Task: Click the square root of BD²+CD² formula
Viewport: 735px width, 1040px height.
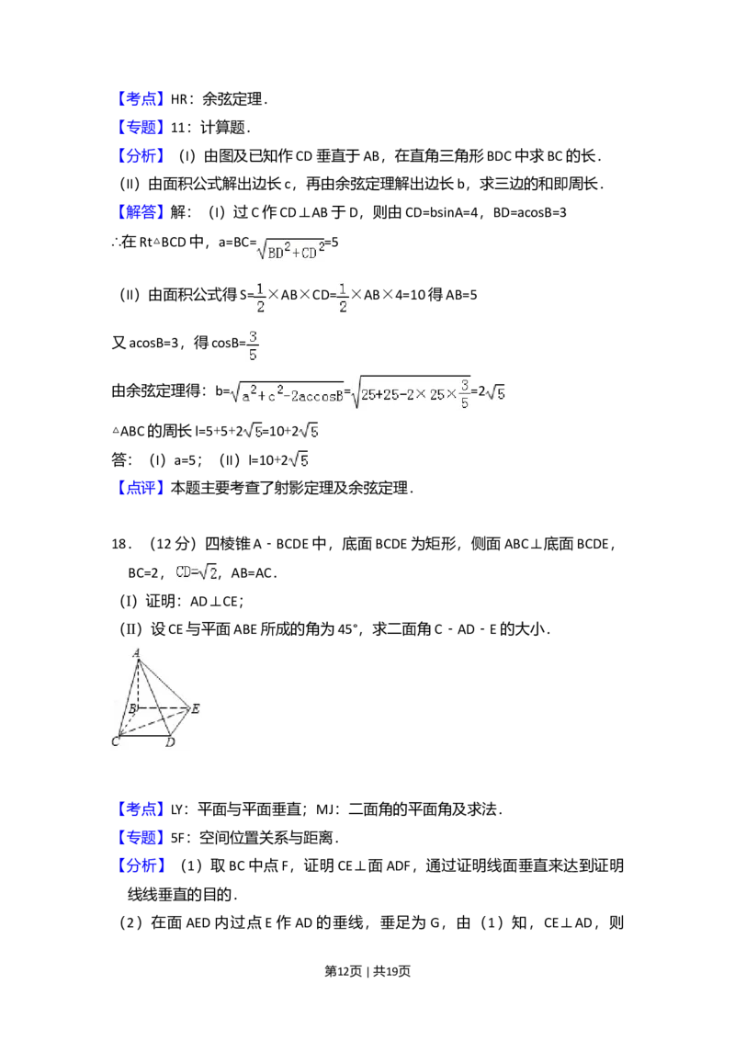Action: point(290,250)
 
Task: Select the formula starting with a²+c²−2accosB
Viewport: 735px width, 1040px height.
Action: point(287,392)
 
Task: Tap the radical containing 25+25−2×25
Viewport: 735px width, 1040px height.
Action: point(412,392)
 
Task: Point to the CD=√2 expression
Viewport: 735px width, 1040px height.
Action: point(195,572)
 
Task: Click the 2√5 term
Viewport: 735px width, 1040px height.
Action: point(308,430)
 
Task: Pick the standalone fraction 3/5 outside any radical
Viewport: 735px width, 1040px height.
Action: point(253,345)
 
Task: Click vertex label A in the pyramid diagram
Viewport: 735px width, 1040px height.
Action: point(137,652)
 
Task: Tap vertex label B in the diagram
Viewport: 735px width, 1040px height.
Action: point(132,708)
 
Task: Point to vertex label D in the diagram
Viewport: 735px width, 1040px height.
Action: point(170,741)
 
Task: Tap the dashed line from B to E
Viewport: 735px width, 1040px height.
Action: point(164,708)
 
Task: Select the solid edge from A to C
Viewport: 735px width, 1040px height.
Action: point(128,696)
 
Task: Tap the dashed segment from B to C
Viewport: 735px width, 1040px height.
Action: point(129,721)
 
